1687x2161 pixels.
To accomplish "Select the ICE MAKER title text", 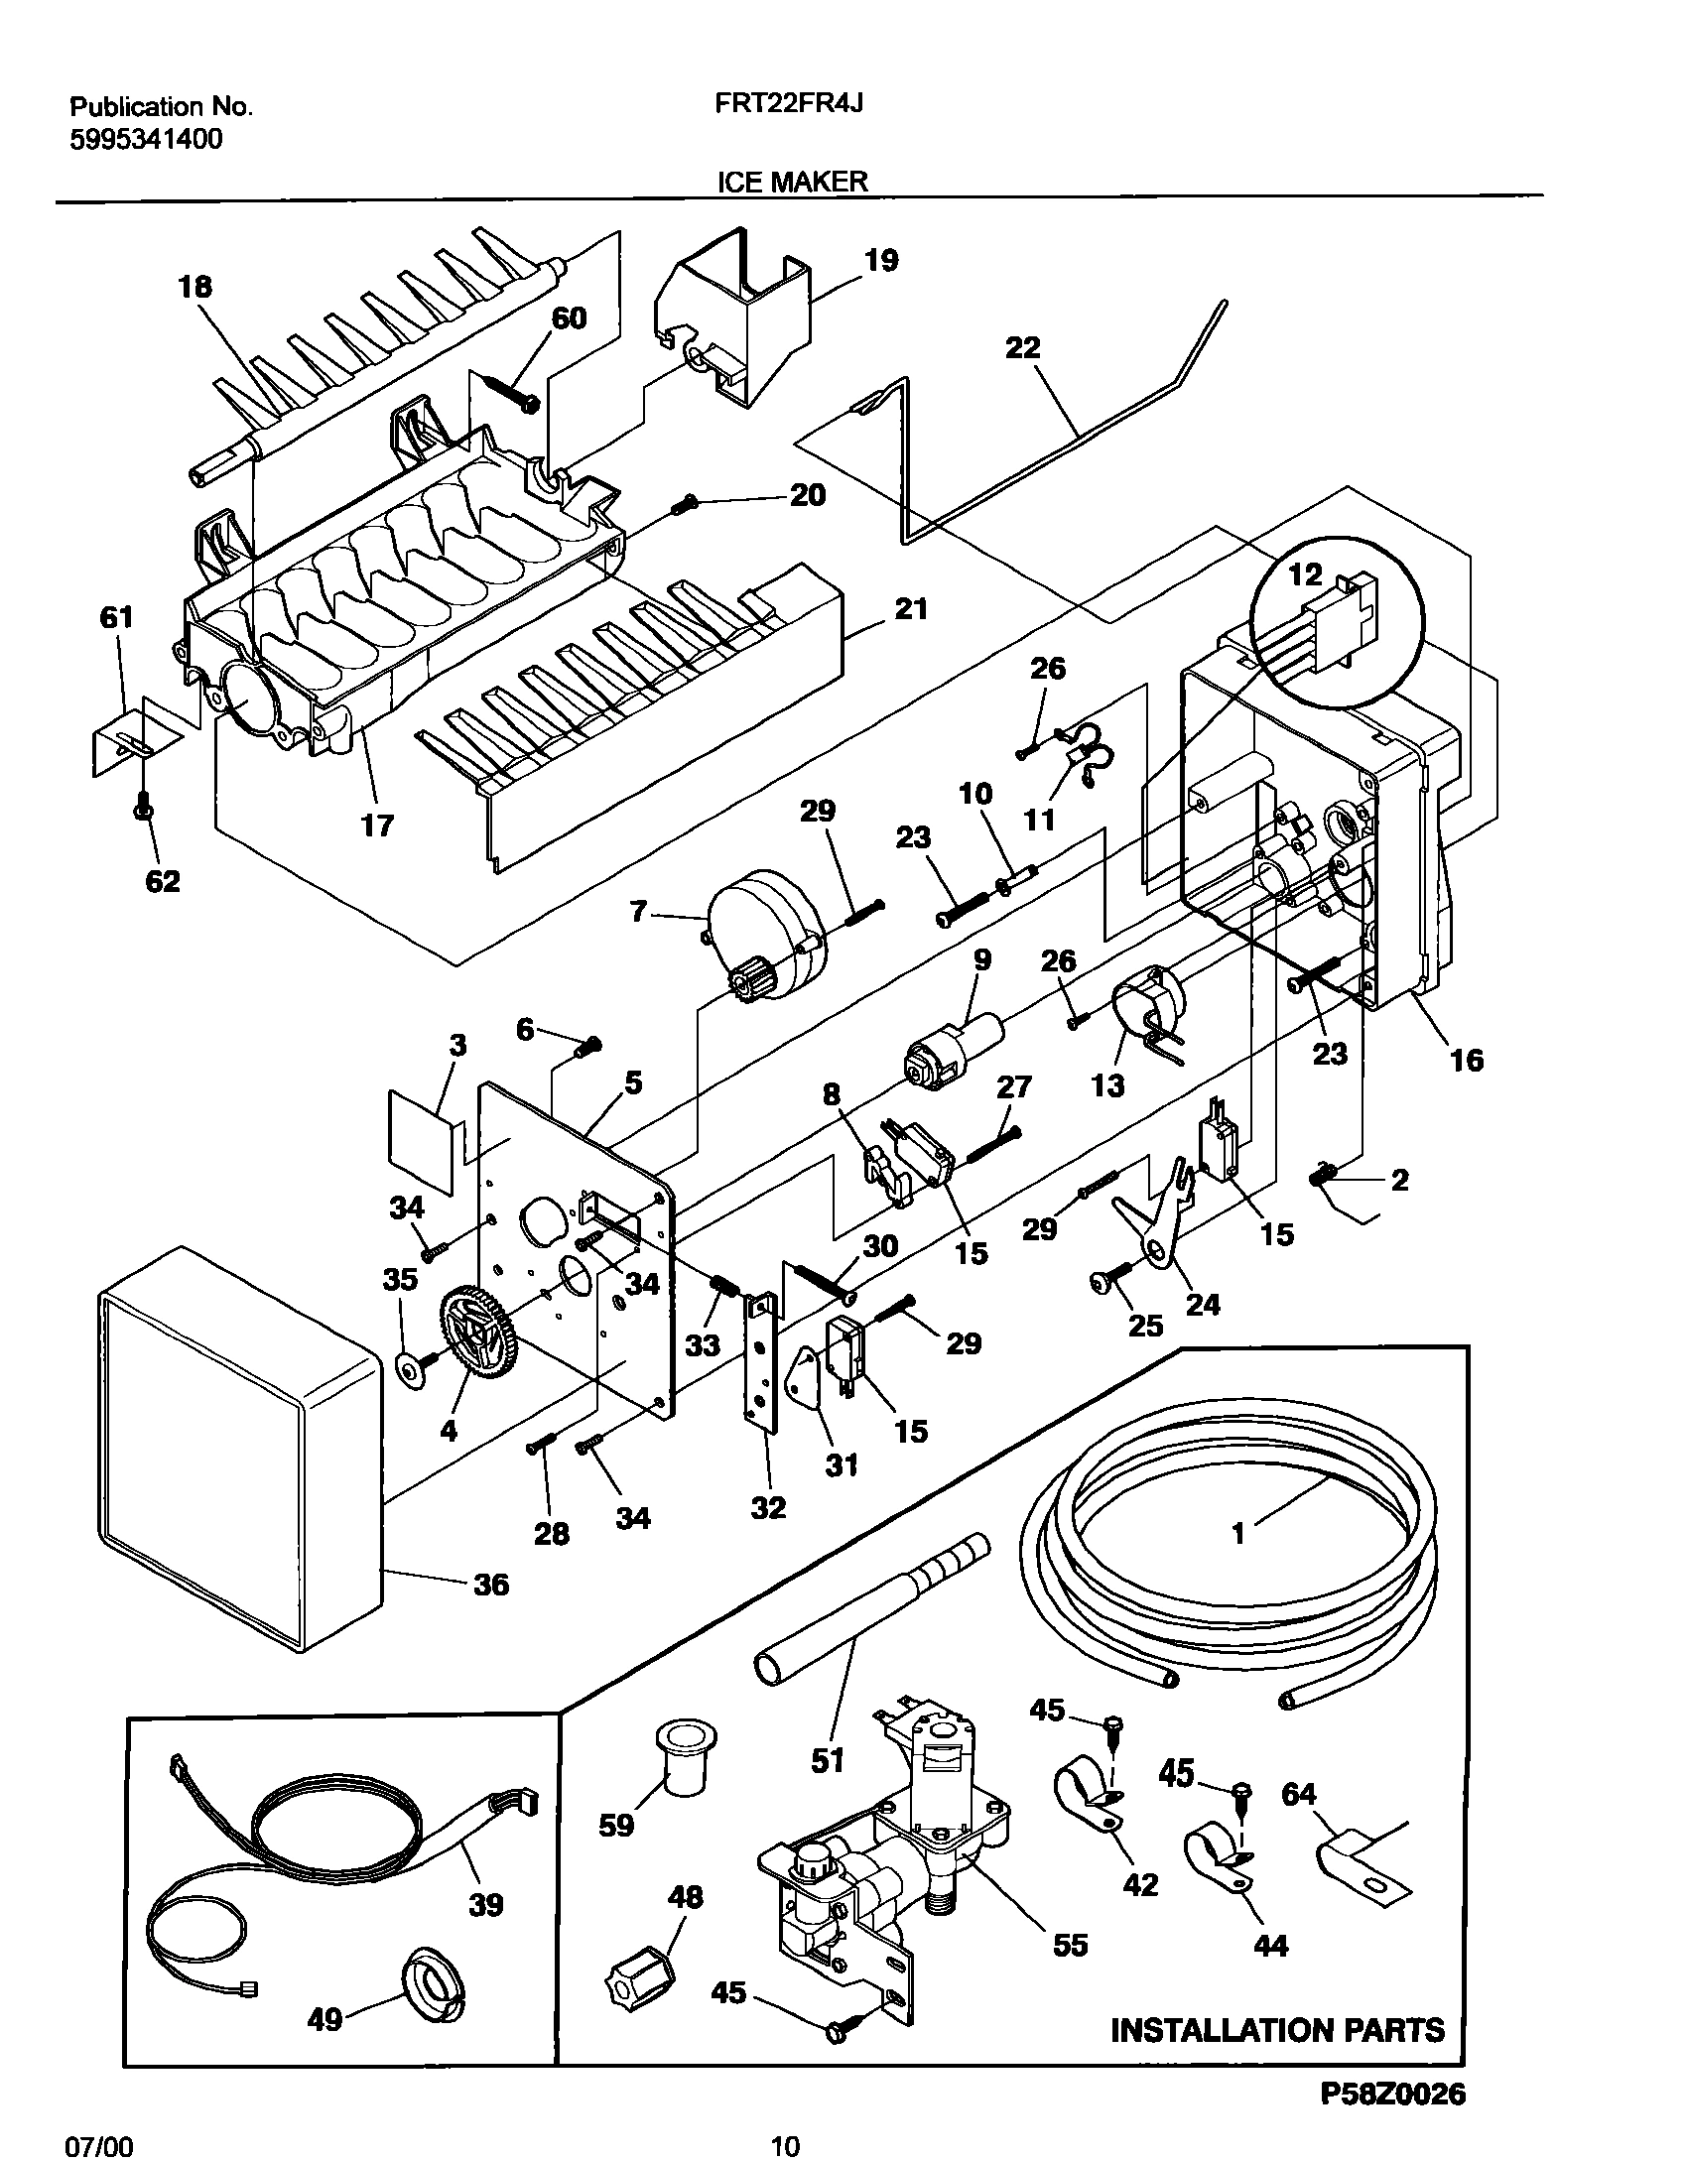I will pos(792,181).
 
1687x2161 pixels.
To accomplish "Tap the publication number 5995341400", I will pos(146,139).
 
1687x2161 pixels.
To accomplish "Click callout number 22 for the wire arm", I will pos(1022,347).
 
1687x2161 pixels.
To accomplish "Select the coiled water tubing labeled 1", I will pos(1231,1548).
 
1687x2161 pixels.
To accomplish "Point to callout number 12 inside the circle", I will pos(1305,574).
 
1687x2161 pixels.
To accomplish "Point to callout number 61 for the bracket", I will pos(116,618).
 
